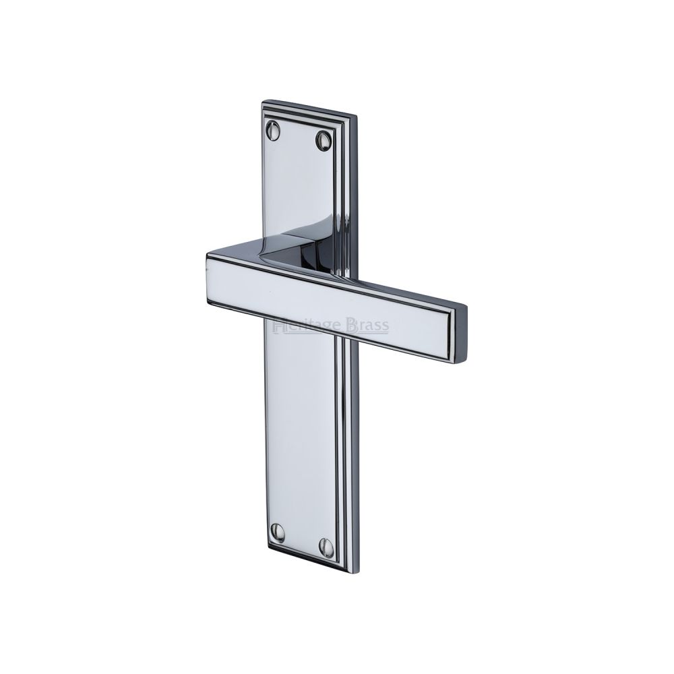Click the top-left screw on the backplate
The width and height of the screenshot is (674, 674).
275,130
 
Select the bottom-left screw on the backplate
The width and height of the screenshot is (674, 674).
277,532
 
